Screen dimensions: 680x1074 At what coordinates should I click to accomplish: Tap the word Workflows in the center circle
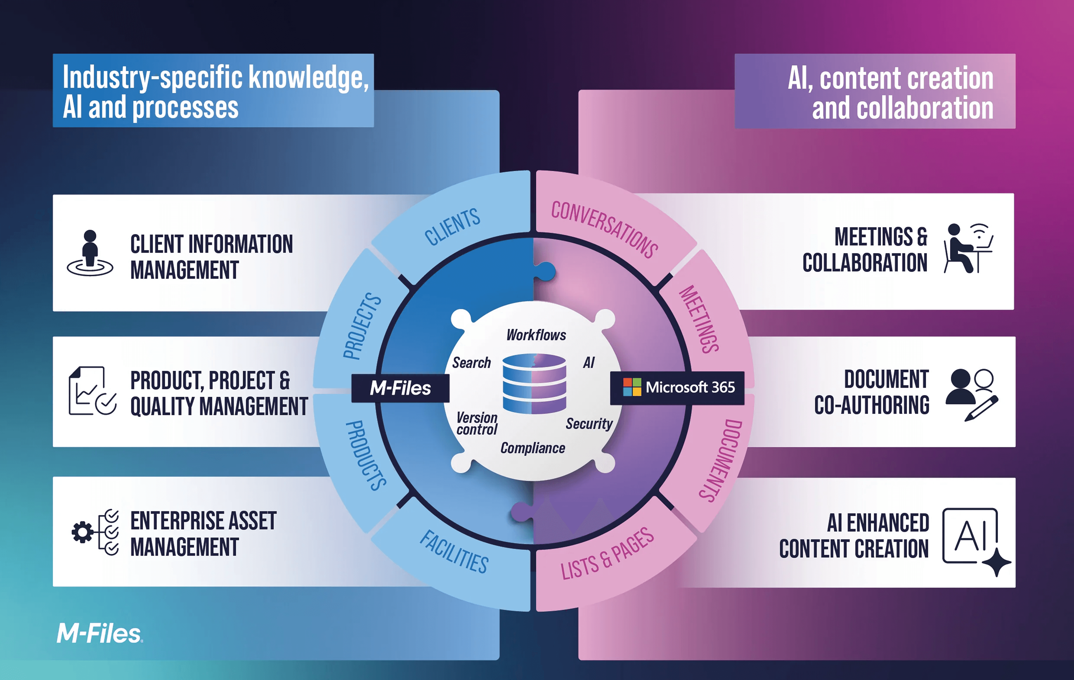(536, 335)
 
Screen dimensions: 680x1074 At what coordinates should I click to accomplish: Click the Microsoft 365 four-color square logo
(632, 387)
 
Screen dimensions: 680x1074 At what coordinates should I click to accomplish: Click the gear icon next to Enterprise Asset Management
(83, 532)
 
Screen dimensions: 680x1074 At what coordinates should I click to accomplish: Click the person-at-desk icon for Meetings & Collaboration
(968, 248)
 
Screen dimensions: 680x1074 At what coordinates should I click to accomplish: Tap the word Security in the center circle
(589, 423)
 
